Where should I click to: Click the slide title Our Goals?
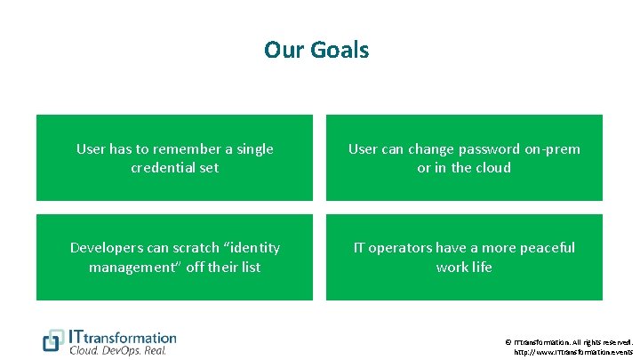tap(316, 50)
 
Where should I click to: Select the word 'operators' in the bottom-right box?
tap(405, 248)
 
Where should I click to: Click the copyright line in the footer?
tap(569, 341)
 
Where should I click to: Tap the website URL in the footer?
tap(573, 352)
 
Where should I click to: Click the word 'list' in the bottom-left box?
tap(250, 267)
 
